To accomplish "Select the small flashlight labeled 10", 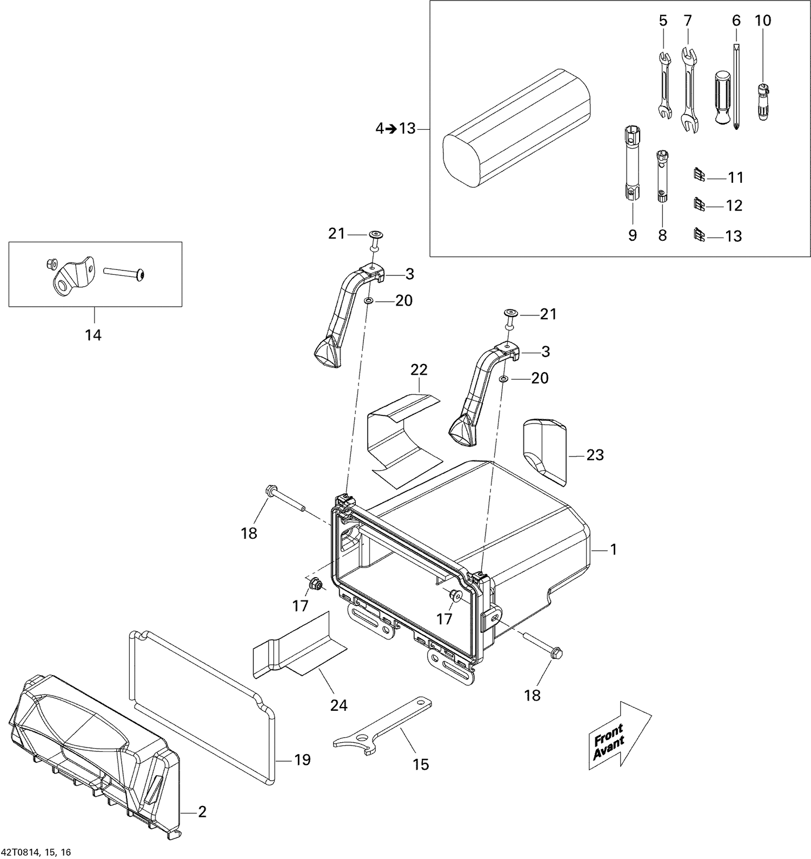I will coord(762,102).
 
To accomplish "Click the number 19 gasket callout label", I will coord(302,760).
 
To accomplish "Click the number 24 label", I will coord(339,705).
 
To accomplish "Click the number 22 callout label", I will coord(419,370).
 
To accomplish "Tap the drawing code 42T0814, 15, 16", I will coord(36,853).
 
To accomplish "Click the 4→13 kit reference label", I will coord(395,129).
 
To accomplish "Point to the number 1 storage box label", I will coord(613,550).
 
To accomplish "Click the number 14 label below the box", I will coord(93,335).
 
